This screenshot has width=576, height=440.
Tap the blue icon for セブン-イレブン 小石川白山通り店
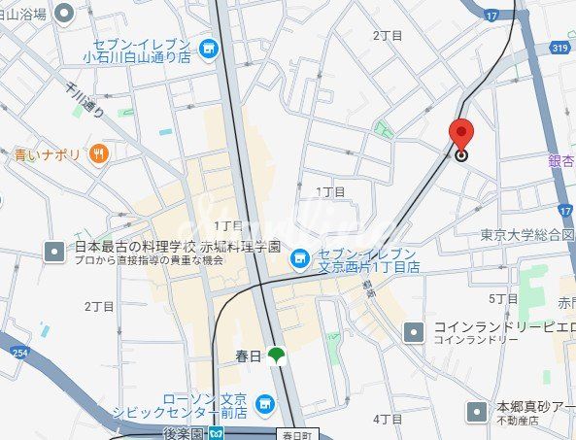[x=208, y=48]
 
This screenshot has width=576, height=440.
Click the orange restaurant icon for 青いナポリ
[x=97, y=153]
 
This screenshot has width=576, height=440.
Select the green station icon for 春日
[x=277, y=355]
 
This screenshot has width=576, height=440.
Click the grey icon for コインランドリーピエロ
[x=414, y=332]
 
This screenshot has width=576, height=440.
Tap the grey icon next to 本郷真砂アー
[x=477, y=412]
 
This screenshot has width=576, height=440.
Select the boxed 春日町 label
[x=297, y=433]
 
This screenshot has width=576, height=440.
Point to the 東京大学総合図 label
[x=527, y=235]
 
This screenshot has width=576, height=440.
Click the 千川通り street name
[x=85, y=97]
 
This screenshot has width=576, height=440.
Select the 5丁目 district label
[x=503, y=299]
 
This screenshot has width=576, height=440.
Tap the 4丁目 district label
[x=388, y=419]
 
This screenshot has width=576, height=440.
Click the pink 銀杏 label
[x=560, y=160]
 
